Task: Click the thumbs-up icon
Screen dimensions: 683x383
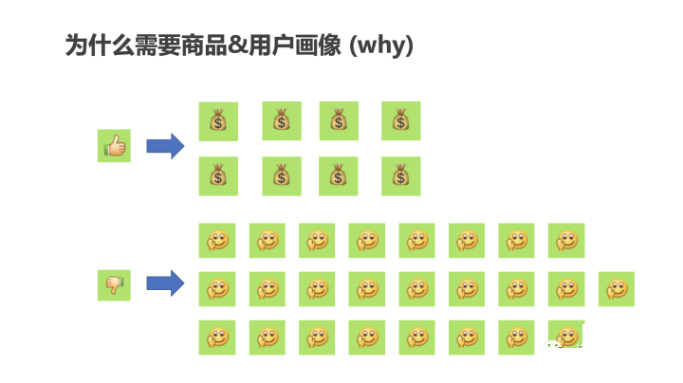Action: click(114, 145)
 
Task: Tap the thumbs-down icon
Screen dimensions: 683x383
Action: click(114, 285)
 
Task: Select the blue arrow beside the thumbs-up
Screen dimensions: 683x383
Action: click(165, 146)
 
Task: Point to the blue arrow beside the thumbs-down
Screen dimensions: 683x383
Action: click(165, 283)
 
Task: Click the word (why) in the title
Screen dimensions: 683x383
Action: click(381, 46)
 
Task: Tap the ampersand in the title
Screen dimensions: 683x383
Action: click(237, 45)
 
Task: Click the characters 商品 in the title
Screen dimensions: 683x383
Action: click(204, 45)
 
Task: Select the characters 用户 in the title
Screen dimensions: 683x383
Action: click(271, 45)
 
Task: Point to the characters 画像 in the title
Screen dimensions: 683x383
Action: click(318, 45)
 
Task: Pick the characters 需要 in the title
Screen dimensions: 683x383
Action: click(157, 45)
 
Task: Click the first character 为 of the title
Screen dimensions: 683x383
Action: click(77, 45)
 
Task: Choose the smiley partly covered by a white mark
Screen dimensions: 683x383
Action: click(565, 336)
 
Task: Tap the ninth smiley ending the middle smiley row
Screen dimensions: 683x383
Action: click(617, 289)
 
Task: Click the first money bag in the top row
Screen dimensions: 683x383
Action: click(218, 121)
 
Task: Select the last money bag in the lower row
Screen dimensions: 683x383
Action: click(400, 176)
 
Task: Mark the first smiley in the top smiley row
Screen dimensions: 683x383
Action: click(217, 241)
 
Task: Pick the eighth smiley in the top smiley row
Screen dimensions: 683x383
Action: click(566, 241)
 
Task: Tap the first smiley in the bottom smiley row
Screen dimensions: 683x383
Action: click(217, 337)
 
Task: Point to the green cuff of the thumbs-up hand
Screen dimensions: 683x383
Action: click(106, 149)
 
